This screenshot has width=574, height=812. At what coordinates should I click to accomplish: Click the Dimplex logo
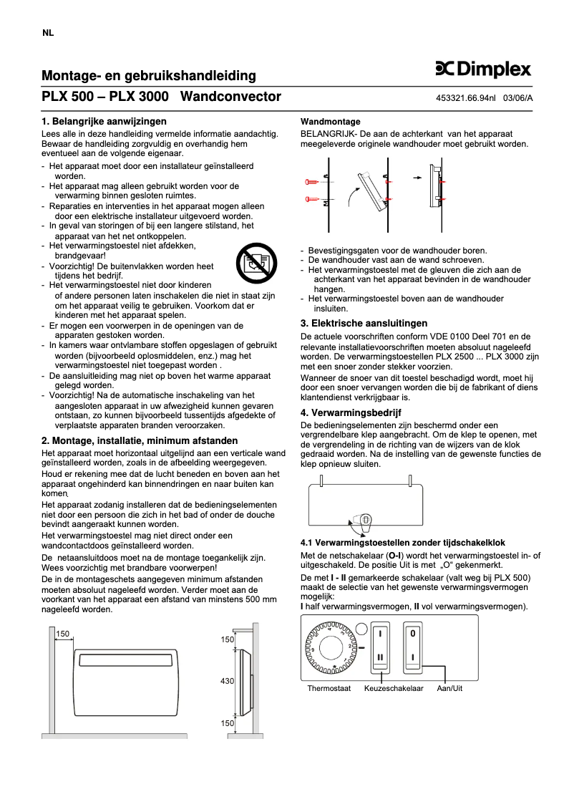(x=483, y=69)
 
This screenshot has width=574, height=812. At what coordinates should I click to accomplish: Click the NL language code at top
(x=48, y=34)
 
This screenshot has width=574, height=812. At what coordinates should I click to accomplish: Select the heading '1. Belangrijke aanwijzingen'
(x=104, y=121)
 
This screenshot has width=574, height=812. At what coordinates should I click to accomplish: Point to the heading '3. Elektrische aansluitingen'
(x=364, y=324)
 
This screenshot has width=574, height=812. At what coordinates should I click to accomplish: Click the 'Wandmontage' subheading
(x=330, y=122)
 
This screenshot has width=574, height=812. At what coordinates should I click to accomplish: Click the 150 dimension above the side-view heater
(x=228, y=639)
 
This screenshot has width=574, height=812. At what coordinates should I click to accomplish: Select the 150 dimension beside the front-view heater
(x=63, y=634)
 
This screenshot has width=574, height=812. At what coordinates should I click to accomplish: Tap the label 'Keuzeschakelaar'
(x=394, y=688)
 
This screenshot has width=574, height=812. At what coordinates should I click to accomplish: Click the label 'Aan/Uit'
(x=450, y=688)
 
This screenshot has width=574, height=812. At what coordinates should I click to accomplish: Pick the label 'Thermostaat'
(x=329, y=688)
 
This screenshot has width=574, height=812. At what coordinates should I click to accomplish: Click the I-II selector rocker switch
(x=381, y=646)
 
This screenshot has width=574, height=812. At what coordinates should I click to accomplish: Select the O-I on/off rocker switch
(x=413, y=646)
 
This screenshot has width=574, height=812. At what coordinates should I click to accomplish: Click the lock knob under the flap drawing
(x=365, y=521)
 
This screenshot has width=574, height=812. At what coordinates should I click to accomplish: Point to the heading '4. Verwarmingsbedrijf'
(x=351, y=412)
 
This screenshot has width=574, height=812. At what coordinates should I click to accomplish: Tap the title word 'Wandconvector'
(x=231, y=97)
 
